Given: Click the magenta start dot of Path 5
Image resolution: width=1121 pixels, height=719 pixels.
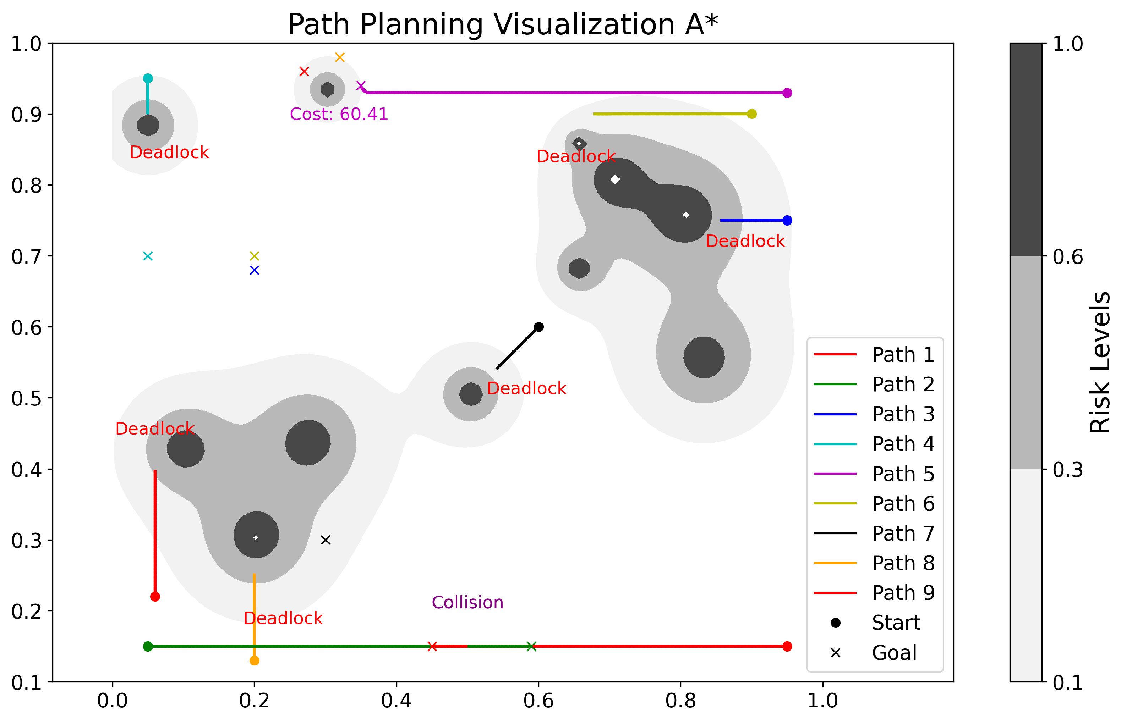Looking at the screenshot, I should (x=787, y=93).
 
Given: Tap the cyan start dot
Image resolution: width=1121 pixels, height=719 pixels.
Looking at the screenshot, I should (x=148, y=78).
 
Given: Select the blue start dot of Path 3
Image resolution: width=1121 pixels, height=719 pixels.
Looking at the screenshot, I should (x=787, y=220).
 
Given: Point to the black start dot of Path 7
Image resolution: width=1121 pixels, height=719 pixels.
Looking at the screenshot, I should (x=538, y=327).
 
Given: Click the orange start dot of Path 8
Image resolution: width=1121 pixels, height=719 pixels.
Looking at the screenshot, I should (x=254, y=660).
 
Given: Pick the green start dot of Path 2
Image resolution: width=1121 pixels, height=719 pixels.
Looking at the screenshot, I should (x=148, y=647).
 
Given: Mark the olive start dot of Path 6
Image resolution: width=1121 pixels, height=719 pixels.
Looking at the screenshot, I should (x=751, y=114).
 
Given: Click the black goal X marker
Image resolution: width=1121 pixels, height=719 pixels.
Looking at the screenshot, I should (x=326, y=540).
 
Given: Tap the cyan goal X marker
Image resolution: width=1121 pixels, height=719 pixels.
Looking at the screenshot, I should (x=148, y=256).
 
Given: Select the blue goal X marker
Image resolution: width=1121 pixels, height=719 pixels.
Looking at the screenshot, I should (x=254, y=270).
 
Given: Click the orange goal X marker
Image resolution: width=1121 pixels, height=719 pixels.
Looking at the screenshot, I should (x=340, y=57).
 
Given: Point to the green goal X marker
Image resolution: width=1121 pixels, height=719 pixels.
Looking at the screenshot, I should (x=531, y=647).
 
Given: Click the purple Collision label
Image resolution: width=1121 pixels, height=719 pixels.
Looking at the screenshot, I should (x=467, y=602).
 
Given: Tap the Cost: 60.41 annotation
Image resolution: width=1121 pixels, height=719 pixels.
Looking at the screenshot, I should (x=339, y=114).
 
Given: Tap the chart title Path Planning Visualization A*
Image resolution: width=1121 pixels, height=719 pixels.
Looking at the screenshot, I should (x=503, y=24).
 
